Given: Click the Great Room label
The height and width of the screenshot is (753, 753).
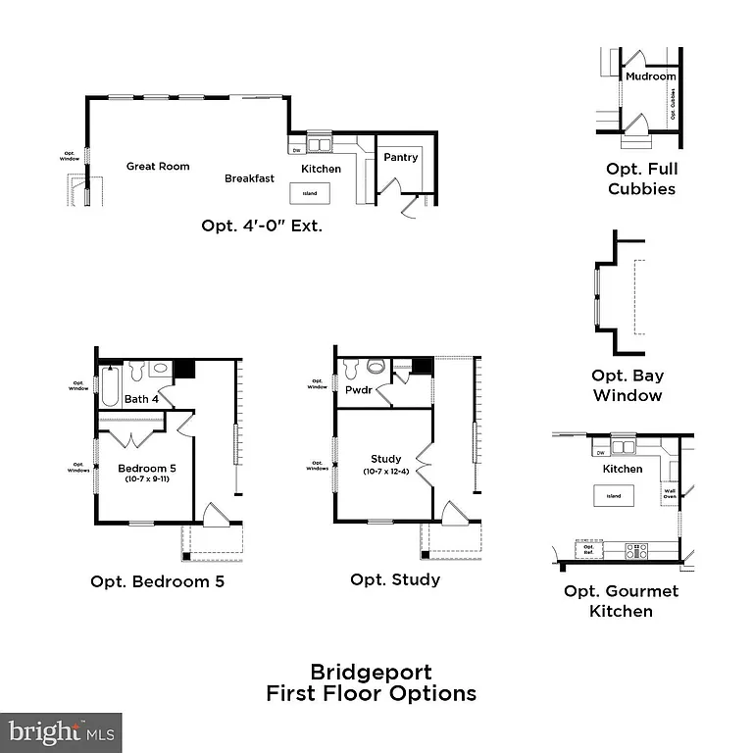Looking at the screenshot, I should point(158,167).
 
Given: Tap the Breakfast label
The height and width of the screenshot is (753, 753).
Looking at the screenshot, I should point(249,178).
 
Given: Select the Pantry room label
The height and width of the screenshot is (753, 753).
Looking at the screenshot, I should point(401,157).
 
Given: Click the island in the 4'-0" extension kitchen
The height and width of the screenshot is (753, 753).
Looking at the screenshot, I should point(310,193).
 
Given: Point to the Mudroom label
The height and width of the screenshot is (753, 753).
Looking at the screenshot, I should point(651,76).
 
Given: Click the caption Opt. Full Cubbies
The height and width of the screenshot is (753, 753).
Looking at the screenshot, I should point(642,178).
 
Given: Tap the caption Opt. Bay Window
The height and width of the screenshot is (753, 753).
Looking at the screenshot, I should point(627,385).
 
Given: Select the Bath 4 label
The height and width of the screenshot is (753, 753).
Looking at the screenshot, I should point(141,399).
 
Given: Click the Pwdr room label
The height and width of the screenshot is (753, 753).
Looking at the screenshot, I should point(357,390).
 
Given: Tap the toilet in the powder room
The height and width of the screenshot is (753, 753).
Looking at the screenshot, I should point(376,368).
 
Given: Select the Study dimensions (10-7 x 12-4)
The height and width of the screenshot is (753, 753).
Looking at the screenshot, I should point(386,472).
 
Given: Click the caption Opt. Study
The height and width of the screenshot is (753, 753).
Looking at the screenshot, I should point(395,579).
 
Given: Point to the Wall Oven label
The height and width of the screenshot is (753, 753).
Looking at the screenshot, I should point(671,493).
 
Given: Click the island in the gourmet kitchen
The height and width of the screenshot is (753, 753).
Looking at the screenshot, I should point(613,496).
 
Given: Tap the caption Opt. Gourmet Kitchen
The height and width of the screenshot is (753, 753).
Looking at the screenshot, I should point(621,601).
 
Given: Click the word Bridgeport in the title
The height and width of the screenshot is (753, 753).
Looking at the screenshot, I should point(371,673).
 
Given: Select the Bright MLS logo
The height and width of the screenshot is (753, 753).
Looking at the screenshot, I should point(61,731).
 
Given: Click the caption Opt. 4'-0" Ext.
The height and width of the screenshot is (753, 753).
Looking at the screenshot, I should point(262,226).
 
